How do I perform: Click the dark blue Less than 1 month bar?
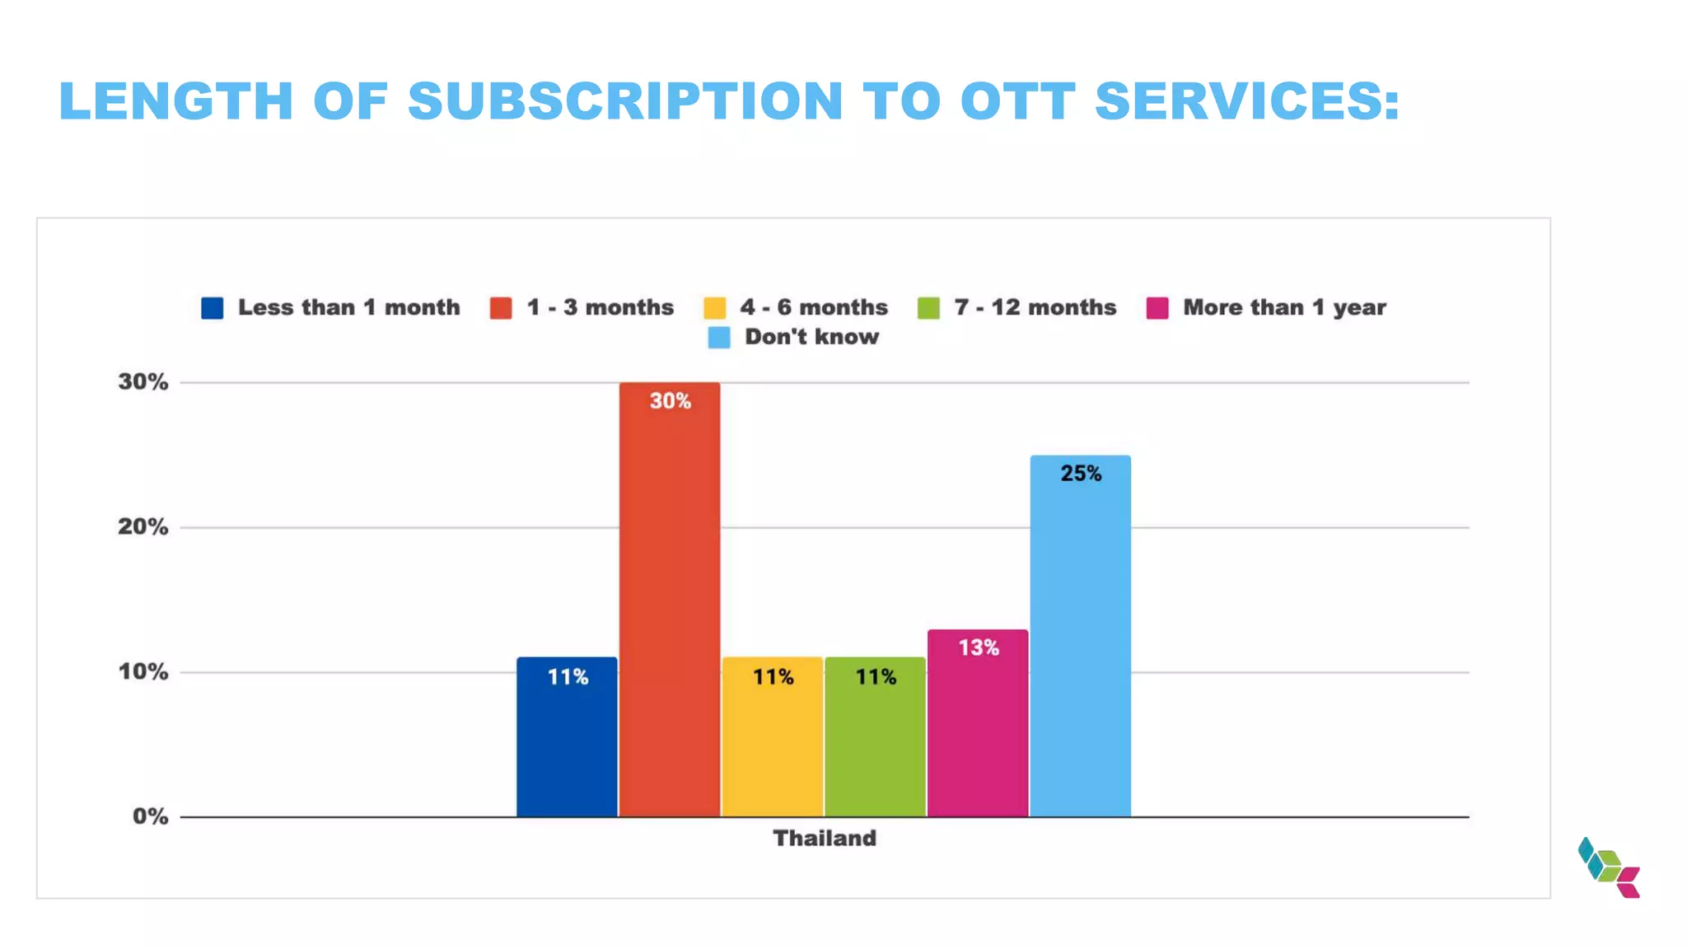[x=567, y=741]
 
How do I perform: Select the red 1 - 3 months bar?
[x=670, y=601]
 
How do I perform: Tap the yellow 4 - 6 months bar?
[x=773, y=741]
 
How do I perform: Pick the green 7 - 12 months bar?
[x=875, y=741]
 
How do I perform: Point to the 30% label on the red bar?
[x=670, y=401]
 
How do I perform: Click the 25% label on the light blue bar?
[x=1081, y=474]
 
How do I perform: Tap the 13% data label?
[x=979, y=648]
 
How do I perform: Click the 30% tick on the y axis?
[x=143, y=382]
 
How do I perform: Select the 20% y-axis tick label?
[x=143, y=527]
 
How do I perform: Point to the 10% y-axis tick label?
[x=143, y=672]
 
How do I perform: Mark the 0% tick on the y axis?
[x=150, y=817]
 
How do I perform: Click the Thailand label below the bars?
[x=825, y=839]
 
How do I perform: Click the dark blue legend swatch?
[x=213, y=308]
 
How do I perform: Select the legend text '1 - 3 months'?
[x=600, y=308]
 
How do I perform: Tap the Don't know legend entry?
[x=811, y=337]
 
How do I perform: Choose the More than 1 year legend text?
[x=1284, y=308]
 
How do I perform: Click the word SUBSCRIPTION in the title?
[x=625, y=101]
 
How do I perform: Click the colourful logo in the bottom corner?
[x=1609, y=867]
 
